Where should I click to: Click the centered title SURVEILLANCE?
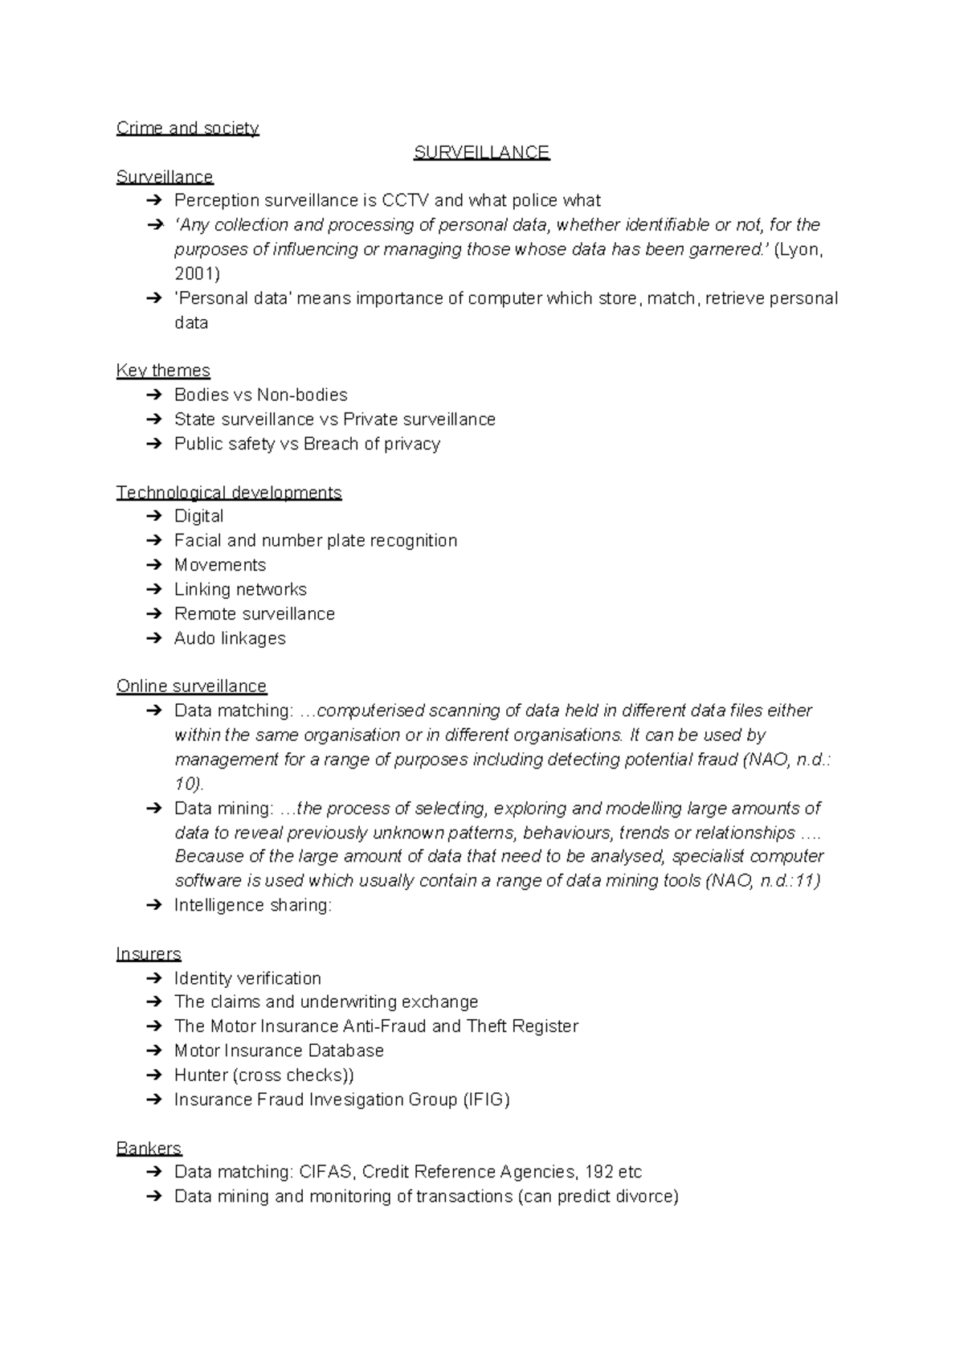481,153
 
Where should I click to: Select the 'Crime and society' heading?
187,129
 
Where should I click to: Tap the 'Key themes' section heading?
163,371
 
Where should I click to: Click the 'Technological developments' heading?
229,492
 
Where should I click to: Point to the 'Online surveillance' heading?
191,686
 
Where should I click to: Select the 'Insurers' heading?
149,954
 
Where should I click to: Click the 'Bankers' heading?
149,1148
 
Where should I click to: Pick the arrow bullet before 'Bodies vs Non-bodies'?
154,395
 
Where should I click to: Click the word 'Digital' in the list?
198,516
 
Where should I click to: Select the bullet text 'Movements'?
219,565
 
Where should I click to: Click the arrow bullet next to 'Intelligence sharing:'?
154,906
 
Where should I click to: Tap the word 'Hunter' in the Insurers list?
201,1075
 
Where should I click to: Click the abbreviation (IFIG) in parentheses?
486,1100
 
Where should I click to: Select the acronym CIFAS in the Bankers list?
325,1172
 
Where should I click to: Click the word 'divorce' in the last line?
647,1197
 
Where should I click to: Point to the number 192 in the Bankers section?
598,1172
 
